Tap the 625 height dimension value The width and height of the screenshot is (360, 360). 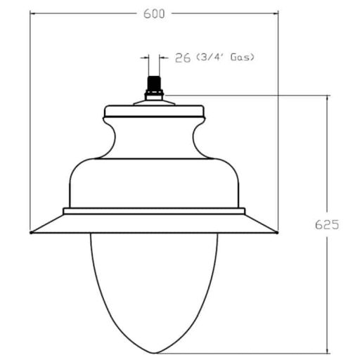pos(328,225)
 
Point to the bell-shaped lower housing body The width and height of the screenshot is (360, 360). pos(154,183)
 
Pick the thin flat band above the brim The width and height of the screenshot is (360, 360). pos(154,210)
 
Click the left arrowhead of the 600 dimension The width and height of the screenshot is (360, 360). pos(34,13)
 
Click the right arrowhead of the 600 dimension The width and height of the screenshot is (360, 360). pos(277,13)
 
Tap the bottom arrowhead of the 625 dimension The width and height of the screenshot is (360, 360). pos(328,349)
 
